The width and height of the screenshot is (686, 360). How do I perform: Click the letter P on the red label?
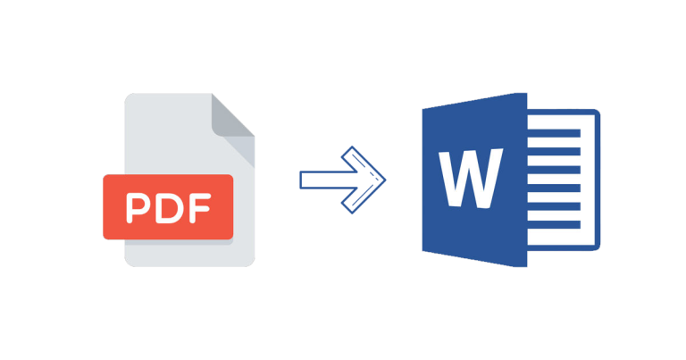137,208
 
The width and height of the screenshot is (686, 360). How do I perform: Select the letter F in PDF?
200,208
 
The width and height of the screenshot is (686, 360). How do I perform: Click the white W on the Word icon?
472,178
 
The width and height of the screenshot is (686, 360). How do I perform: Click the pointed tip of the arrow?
385,180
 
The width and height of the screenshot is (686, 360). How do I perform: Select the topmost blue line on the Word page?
554,133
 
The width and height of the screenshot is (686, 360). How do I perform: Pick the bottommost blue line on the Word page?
554,224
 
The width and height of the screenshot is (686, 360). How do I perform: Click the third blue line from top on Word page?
554,170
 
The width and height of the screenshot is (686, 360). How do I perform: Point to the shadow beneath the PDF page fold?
239,152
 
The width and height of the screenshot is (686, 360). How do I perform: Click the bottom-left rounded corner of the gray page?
129,262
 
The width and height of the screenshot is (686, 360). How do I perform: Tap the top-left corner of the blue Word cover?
423,109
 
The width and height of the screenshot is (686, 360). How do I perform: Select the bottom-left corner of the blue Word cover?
423,251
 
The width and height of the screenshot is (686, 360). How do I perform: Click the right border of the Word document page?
598,180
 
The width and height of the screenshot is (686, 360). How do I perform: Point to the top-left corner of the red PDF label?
105,176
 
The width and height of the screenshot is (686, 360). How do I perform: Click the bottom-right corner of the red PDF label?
231,238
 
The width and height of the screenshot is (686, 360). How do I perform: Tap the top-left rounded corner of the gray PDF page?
129,97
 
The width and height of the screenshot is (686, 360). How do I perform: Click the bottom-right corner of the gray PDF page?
251,263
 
